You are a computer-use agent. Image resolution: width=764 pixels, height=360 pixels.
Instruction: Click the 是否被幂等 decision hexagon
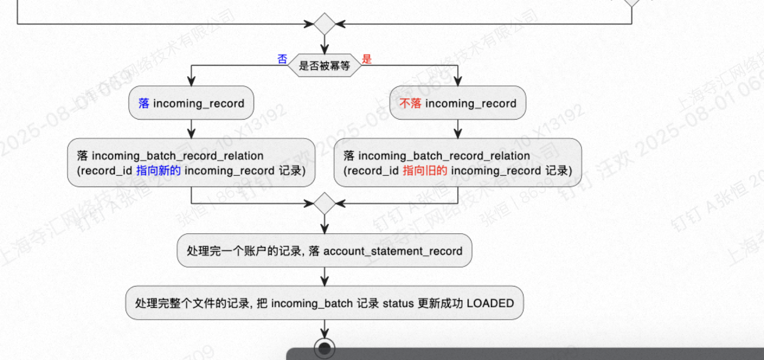click(324, 66)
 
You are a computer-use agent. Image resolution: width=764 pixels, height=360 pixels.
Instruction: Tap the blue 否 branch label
click(283, 59)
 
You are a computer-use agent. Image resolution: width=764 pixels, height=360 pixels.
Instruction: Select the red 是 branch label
click(367, 59)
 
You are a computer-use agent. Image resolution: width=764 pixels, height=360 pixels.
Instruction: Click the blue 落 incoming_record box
click(191, 104)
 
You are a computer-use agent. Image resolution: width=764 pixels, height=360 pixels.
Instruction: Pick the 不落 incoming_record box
click(457, 104)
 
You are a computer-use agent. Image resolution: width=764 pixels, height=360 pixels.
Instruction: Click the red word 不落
click(410, 104)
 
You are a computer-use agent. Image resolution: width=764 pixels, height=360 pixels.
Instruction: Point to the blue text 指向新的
click(159, 171)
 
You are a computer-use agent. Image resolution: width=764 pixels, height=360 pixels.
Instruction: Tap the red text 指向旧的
click(425, 171)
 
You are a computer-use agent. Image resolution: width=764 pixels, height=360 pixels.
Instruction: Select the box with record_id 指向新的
click(191, 163)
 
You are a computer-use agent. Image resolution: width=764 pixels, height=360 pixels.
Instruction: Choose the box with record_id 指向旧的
click(457, 163)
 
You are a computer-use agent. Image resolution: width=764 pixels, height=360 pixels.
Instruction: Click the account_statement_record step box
click(324, 250)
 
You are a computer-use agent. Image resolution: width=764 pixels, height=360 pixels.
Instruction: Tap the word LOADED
click(490, 303)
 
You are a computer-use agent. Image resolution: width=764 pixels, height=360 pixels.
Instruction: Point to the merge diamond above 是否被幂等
click(324, 24)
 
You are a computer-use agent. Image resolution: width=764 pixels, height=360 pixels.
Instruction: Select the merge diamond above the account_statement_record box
click(324, 203)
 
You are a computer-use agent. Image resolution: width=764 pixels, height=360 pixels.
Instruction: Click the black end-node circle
click(324, 348)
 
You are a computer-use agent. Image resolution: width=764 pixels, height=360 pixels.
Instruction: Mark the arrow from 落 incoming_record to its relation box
click(191, 129)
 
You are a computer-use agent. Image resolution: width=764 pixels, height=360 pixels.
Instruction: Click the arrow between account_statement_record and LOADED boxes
click(324, 277)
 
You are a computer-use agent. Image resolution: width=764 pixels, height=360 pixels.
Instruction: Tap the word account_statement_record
click(393, 251)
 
